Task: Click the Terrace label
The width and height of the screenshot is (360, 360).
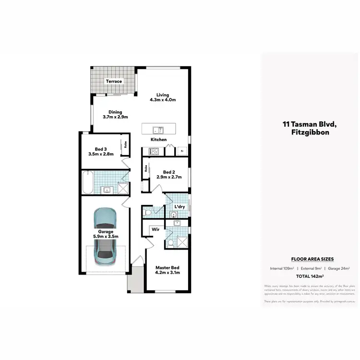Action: point(114,81)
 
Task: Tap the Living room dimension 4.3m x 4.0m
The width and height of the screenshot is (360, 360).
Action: point(163,100)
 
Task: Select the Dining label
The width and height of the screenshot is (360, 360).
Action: point(115,112)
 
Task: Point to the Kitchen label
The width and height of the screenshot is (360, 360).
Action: point(158,140)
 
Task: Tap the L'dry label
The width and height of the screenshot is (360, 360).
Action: point(180,206)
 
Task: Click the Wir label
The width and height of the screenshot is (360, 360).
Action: point(156,229)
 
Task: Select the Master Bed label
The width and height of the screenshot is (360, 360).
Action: point(168,267)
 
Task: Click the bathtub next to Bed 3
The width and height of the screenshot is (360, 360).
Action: point(87,182)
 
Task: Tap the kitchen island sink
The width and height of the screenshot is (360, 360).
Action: point(158,130)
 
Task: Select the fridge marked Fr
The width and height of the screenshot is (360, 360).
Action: point(182,151)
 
